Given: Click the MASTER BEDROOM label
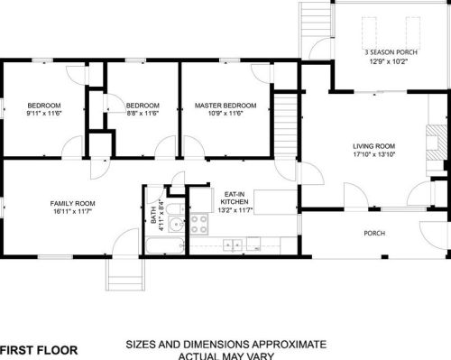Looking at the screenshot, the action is [225, 106].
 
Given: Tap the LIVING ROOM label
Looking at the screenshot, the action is [373, 146].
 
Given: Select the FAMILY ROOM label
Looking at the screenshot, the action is [72, 204].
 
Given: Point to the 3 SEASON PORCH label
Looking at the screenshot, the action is [391, 52].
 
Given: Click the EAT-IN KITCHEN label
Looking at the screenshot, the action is [235, 198].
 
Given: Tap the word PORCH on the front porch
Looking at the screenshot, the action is [374, 233].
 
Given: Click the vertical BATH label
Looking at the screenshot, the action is [153, 215].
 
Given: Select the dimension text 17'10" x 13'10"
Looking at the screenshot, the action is [373, 154].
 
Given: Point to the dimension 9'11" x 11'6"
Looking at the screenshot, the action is [44, 114].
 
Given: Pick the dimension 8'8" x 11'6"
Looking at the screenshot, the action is [143, 114].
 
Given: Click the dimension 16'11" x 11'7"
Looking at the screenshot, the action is [72, 211].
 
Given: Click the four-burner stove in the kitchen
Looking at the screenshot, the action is [199, 224].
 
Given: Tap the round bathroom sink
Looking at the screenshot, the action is [176, 224].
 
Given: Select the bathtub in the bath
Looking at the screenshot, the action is [165, 245].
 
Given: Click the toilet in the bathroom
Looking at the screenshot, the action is [176, 208].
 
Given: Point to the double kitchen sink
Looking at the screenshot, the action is [233, 245].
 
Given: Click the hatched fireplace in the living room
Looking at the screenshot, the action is [437, 143].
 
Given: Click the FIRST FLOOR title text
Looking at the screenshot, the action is [39, 350].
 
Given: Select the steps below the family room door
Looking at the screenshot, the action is [125, 274].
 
